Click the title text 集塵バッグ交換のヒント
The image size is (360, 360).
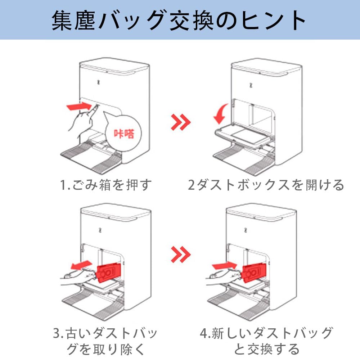coord(179,21)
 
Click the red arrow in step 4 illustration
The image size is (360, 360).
coord(224,266)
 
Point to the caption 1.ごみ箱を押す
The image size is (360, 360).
coord(106,185)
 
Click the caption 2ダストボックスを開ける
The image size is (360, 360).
coord(266,185)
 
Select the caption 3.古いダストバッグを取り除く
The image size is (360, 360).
coord(105,341)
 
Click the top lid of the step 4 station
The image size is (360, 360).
coord(261,213)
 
